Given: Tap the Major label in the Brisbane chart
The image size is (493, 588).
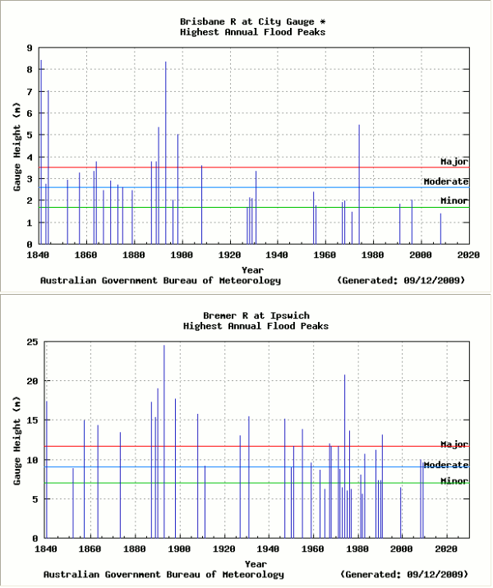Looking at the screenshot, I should click(x=454, y=162).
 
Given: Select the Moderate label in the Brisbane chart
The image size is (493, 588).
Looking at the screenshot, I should click(x=445, y=181).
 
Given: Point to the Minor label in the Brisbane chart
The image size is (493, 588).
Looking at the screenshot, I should click(x=454, y=201).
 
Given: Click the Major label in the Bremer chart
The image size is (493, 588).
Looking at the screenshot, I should click(x=454, y=444).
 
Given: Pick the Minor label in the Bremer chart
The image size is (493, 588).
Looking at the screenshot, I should click(x=454, y=481).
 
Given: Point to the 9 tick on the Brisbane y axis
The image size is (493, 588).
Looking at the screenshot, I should click(x=30, y=48).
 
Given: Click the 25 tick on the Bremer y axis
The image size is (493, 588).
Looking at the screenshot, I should click(x=27, y=342).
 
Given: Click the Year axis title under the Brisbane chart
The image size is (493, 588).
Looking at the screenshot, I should click(x=252, y=269).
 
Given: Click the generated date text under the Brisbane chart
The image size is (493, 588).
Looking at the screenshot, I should click(x=401, y=280).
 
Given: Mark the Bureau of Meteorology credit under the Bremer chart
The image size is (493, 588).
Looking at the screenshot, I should click(x=164, y=574).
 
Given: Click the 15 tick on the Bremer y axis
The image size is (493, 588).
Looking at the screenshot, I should click(x=27, y=420).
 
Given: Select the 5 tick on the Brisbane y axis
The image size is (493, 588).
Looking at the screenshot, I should click(x=30, y=135).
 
